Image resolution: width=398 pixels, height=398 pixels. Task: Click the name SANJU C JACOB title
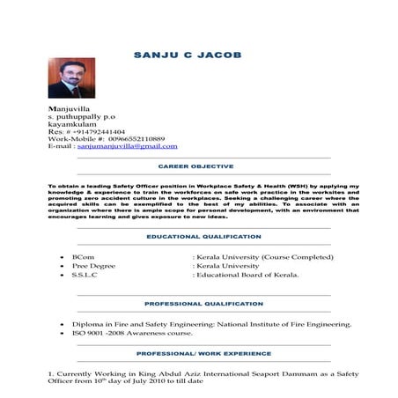[187, 55]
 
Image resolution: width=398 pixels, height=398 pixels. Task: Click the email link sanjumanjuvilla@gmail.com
[127, 146]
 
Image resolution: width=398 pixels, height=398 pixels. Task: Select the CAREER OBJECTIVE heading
[195, 166]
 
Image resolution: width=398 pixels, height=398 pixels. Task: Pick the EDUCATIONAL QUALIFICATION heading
[204, 237]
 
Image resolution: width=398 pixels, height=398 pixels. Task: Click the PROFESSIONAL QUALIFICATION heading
[203, 303]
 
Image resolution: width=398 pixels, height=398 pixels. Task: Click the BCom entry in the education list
[82, 256]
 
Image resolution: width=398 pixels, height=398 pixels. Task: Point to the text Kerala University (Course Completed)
[265, 256]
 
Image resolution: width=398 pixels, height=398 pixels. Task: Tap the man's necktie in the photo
[67, 89]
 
